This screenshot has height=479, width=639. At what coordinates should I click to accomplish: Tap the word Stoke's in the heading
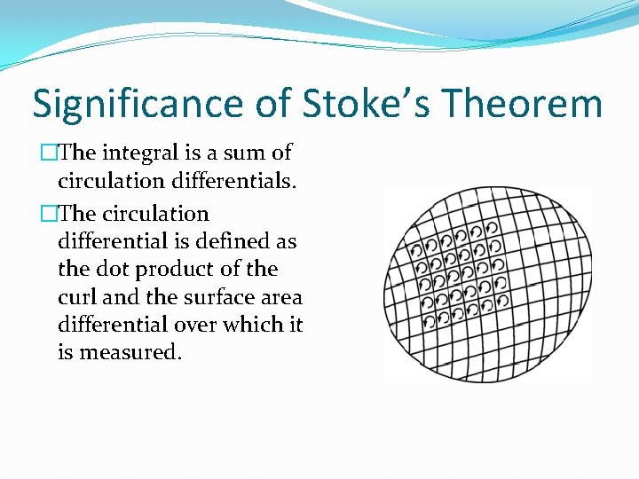coord(369,104)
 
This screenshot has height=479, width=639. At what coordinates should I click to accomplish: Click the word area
coord(281,297)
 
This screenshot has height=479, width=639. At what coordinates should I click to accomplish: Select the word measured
coord(130,352)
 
